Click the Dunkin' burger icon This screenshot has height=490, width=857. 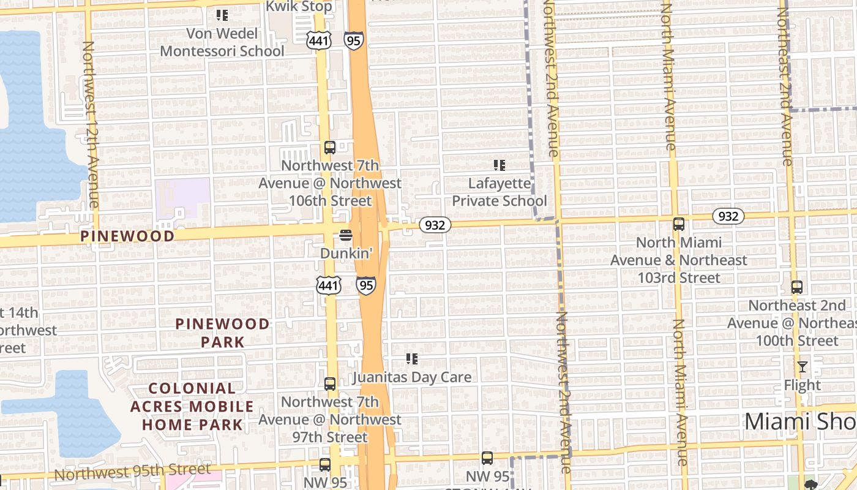coord(346,235)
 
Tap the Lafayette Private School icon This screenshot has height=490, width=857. coord(500,165)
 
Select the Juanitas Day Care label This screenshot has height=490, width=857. coord(411,377)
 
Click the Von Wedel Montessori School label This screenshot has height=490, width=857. coord(222,42)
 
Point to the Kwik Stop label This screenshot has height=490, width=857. coord(299,7)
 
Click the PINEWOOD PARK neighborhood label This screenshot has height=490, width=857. coord(222,333)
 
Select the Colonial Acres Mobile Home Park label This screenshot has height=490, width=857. coord(192,406)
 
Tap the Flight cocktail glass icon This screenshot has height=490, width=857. coord(803,367)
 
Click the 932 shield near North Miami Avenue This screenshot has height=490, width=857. coord(728,216)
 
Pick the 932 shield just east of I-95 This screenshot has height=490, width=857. coord(435,225)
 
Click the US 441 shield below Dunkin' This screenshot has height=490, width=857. coord(329,284)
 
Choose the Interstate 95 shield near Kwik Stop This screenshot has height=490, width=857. coord(353,40)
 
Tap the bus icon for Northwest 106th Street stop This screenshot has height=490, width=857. coord(329,148)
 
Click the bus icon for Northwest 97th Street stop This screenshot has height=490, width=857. coord(329,384)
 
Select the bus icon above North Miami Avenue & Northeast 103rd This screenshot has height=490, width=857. coord(678,224)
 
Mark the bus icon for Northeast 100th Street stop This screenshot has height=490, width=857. coord(796,287)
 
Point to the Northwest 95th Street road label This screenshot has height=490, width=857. coord(132,472)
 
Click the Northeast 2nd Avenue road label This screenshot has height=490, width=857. coord(785,86)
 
